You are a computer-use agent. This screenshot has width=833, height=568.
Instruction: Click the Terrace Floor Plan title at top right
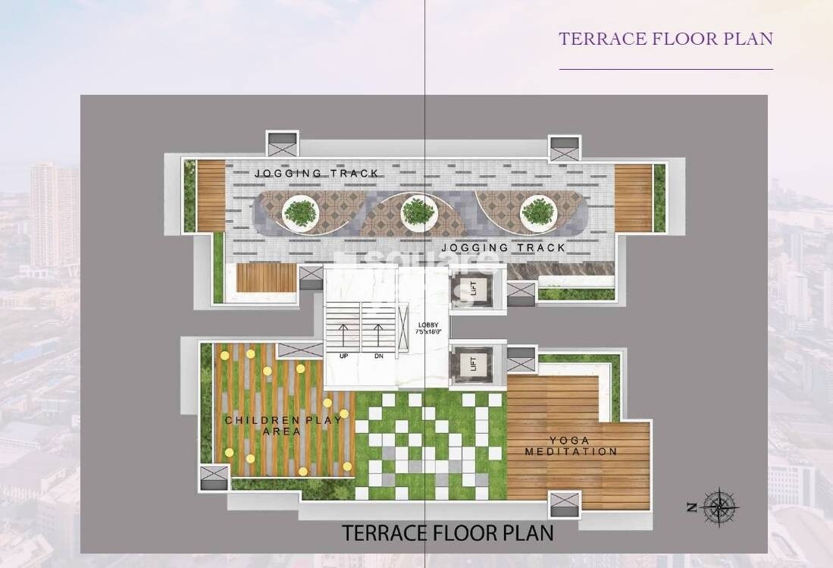point(665,39)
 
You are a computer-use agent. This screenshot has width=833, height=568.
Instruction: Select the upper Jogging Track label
point(316,174)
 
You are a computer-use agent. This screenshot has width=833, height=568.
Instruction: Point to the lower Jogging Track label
point(503,248)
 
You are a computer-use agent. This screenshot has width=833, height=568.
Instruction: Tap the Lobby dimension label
point(427,328)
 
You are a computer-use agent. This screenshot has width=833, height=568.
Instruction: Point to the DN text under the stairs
point(378,356)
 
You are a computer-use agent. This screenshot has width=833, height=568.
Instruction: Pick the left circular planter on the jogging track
point(301,212)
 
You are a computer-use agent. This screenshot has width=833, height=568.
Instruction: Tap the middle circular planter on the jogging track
point(418,212)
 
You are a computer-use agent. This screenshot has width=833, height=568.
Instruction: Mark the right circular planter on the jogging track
point(538,212)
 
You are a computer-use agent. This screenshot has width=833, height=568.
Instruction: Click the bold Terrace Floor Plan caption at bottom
point(447,532)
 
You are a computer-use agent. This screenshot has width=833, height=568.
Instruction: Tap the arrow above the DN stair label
point(378,334)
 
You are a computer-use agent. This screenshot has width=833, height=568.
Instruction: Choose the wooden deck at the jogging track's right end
point(633,198)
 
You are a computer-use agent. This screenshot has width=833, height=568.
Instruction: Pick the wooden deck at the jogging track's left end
point(211,196)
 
